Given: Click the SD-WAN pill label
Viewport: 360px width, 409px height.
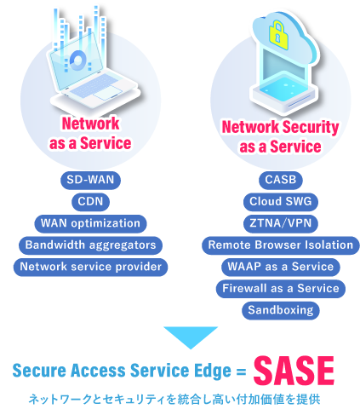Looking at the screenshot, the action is click(x=90, y=180).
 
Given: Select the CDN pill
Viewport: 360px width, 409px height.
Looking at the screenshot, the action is click(x=90, y=202).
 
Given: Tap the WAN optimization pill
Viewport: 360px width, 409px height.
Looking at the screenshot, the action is click(x=90, y=223).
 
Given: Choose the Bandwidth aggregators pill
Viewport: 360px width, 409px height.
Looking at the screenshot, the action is click(x=90, y=245).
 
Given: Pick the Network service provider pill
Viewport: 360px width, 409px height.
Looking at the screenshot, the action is click(x=90, y=267).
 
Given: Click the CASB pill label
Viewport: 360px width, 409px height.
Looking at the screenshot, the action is click(x=281, y=180).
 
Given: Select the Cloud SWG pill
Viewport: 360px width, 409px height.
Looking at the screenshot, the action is click(x=281, y=202).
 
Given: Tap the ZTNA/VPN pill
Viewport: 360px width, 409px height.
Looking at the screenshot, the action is click(x=281, y=223).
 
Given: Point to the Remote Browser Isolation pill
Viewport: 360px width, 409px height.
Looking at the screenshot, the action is click(x=281, y=245).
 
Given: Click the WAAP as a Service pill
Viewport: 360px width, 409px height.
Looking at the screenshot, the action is click(x=281, y=267).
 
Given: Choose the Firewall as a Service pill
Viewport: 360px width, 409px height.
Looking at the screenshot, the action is click(x=281, y=289).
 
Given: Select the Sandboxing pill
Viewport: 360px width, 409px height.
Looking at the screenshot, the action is click(x=281, y=310).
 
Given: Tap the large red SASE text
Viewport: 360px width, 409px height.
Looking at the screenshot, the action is click(x=294, y=371).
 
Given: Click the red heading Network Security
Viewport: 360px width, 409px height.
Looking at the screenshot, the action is click(x=280, y=127).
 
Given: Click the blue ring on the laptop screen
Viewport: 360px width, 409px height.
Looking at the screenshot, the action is click(x=77, y=60).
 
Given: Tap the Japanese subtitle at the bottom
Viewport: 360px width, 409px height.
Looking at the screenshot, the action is click(x=174, y=400).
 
